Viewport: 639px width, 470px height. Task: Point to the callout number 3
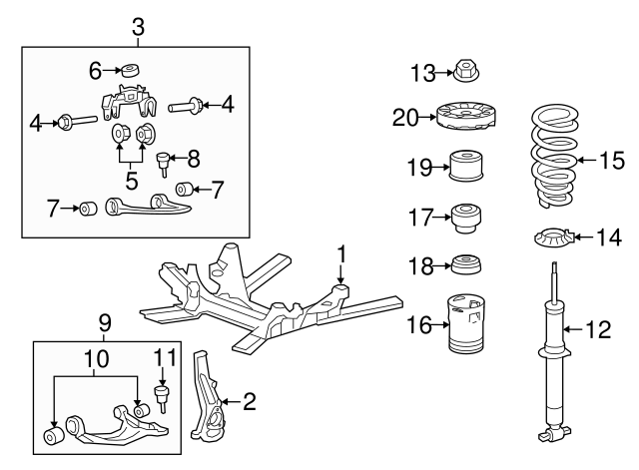click(138, 28)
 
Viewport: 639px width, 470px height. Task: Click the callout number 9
click(105, 323)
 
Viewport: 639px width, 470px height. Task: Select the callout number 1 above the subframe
click(340, 255)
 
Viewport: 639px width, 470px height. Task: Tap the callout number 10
click(95, 356)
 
